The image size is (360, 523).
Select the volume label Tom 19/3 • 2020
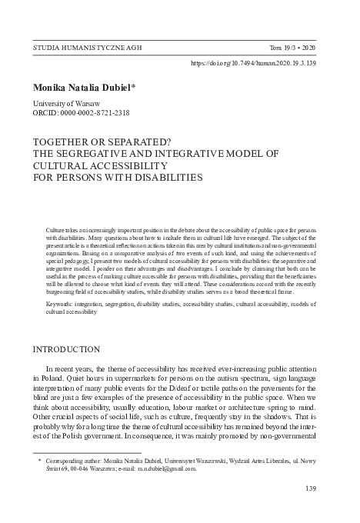[x=304, y=47]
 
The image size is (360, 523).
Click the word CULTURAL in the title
[x=64, y=165]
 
